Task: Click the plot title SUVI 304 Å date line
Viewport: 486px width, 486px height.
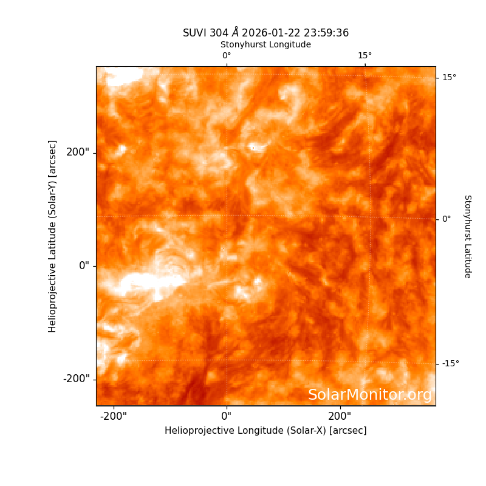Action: (265, 33)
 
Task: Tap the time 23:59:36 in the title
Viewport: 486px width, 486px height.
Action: (326, 33)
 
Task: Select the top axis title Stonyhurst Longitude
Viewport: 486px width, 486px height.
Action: (265, 44)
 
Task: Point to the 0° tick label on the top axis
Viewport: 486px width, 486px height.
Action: (227, 55)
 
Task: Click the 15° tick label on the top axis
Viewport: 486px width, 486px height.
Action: (365, 55)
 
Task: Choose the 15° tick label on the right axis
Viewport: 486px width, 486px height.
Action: (449, 77)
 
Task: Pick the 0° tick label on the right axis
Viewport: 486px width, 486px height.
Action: (447, 219)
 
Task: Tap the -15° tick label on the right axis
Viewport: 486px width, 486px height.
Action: (451, 363)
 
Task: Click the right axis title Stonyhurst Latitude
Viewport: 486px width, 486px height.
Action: (468, 236)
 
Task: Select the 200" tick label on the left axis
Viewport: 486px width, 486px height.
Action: (78, 152)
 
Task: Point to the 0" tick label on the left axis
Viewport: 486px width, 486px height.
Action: (84, 265)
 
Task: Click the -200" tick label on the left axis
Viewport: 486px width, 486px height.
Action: (77, 378)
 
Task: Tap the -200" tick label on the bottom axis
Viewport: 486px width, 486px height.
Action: (114, 416)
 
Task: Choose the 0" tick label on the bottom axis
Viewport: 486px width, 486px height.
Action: (227, 416)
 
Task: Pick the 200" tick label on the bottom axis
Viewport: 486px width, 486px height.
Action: (340, 416)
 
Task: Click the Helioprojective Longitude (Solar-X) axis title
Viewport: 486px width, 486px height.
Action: (265, 431)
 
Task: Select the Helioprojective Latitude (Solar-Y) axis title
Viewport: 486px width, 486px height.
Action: (52, 236)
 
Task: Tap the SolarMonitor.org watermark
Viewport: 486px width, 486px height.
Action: (370, 395)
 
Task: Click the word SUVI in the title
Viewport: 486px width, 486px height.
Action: (194, 33)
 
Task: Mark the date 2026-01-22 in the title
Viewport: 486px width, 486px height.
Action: (271, 33)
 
